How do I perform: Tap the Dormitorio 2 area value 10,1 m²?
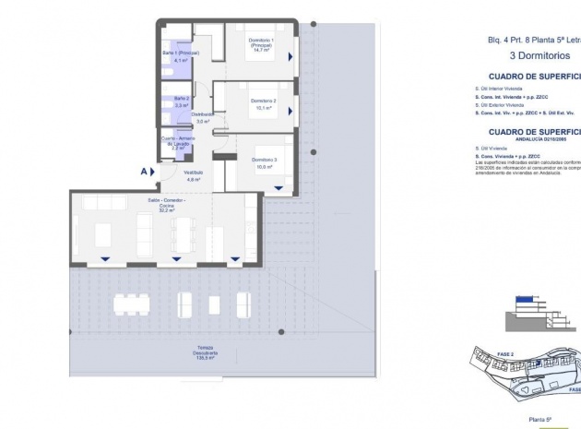[262, 107]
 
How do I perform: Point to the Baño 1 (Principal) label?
[175, 54]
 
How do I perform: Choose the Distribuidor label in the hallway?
[204, 115]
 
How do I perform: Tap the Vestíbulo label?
[193, 173]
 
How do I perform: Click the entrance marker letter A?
[145, 171]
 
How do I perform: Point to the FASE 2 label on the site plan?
[505, 353]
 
